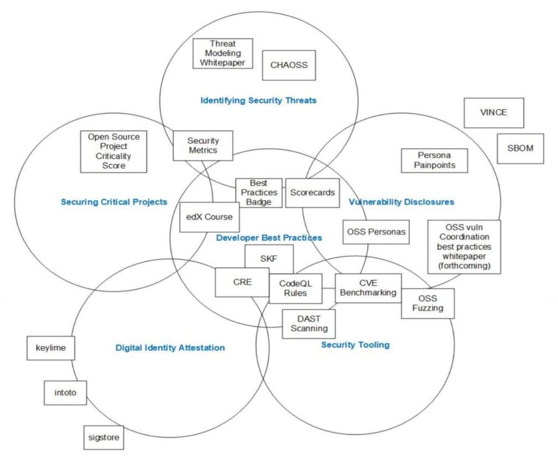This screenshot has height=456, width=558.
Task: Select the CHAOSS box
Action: tap(288, 65)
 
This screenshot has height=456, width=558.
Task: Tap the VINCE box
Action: tap(493, 113)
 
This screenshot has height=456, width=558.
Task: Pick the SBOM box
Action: tap(520, 148)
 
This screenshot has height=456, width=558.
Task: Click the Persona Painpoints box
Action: tap(434, 160)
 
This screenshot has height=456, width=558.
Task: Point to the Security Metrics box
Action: tap(203, 146)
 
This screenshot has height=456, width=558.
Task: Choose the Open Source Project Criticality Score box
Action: tap(113, 151)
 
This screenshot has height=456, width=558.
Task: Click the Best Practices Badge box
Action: tap(259, 193)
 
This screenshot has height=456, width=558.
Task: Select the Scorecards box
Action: tap(312, 193)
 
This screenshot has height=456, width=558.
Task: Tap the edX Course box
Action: tap(209, 217)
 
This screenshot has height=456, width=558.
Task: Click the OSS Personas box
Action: tap(376, 232)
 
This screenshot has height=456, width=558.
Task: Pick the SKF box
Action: tap(269, 257)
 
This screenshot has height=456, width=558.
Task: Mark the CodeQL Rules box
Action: tap(295, 288)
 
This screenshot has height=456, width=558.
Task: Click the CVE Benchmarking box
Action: tap(368, 287)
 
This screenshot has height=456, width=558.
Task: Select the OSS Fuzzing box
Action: tap(428, 303)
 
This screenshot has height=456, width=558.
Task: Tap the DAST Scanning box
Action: tap(309, 323)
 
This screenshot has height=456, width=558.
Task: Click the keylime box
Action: tap(51, 348)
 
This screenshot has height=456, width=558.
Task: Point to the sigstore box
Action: tap(104, 437)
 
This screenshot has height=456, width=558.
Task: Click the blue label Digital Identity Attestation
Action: tap(170, 347)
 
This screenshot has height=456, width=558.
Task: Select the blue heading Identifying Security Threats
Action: tap(258, 100)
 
